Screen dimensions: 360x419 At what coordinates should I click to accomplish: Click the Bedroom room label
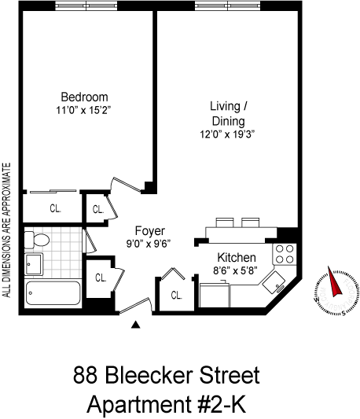(84, 97)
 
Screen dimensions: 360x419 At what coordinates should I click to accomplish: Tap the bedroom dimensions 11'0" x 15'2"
(83, 110)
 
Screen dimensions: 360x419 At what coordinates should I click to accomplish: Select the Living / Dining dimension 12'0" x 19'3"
(227, 134)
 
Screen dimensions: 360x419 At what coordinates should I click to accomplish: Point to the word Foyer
(149, 231)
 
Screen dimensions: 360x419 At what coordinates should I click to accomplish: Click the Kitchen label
(237, 258)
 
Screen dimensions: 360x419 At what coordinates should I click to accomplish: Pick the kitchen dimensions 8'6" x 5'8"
(235, 270)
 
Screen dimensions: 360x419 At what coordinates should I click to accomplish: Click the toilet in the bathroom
(37, 240)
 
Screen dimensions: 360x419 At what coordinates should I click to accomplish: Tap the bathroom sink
(34, 264)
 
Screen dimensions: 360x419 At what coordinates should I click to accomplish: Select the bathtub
(53, 293)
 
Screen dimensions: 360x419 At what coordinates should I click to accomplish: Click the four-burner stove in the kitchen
(285, 254)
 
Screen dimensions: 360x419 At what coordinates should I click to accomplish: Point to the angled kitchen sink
(274, 282)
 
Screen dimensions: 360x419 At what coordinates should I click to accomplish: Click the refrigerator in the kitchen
(215, 295)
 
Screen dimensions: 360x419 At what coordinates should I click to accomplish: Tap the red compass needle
(334, 281)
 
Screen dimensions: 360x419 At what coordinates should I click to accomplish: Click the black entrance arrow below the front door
(136, 325)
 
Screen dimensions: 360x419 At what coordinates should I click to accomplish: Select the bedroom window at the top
(86, 6)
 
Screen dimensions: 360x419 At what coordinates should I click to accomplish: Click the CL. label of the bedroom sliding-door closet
(55, 208)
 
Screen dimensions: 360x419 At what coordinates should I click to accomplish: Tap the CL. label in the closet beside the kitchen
(176, 296)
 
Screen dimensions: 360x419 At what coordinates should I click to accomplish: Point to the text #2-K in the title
(222, 405)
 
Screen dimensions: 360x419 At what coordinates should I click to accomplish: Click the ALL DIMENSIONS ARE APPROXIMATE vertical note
(6, 230)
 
